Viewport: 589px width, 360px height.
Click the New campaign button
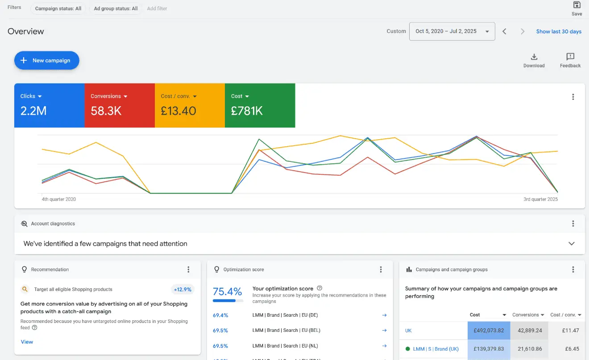[x=46, y=61]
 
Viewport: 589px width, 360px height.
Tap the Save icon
[x=577, y=5]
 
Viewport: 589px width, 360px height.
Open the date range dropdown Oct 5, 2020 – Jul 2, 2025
[x=452, y=31]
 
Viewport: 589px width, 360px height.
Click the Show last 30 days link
[x=559, y=32]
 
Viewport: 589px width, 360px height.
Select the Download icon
[x=534, y=57]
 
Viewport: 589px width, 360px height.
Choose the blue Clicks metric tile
[x=49, y=105]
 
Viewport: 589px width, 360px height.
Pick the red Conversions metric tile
[x=119, y=105]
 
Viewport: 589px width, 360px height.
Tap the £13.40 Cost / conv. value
[x=178, y=111]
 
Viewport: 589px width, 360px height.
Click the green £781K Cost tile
[x=260, y=105]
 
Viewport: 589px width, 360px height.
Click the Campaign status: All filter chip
[x=58, y=8]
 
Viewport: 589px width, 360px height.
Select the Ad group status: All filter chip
[x=116, y=8]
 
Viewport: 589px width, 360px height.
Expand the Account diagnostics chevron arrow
[x=571, y=244]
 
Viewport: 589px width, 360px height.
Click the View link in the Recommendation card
[x=27, y=342]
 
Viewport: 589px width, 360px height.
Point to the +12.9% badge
[x=183, y=290]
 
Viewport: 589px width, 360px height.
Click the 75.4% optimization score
[x=227, y=292]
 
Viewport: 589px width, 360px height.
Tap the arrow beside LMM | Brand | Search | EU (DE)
[x=384, y=315]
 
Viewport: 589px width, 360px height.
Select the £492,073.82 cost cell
[x=489, y=331]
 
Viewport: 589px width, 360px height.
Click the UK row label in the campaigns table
[x=408, y=331]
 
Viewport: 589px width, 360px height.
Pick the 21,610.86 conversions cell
[x=529, y=349]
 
